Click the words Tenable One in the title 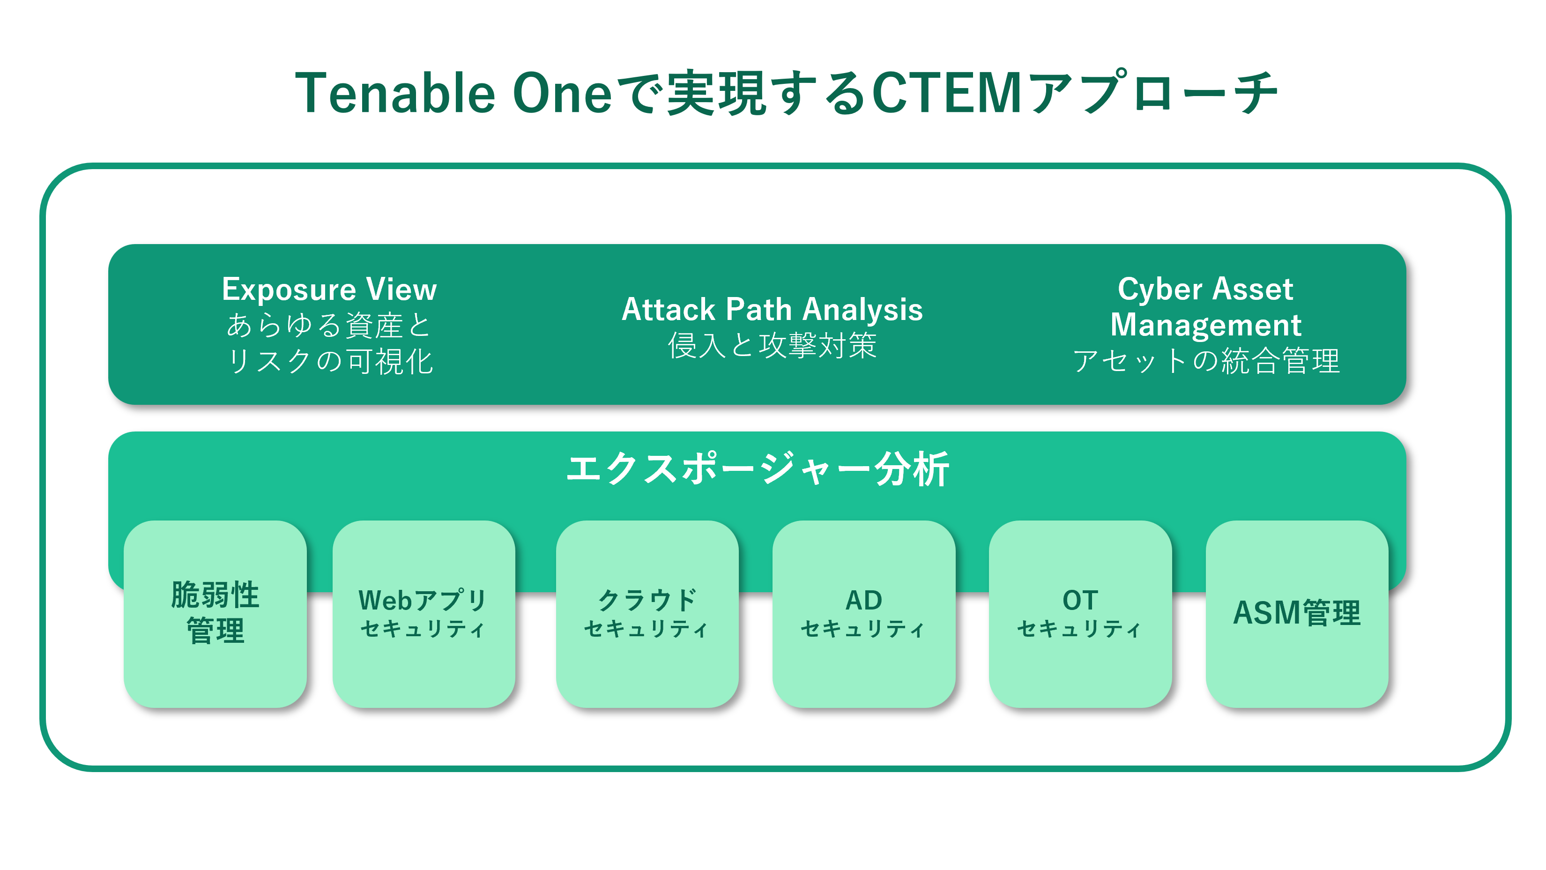click(x=453, y=93)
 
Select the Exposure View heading click(x=329, y=289)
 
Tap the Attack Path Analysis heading click(x=772, y=310)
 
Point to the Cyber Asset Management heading click(x=1205, y=306)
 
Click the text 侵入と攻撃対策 click(x=772, y=346)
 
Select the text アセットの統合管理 click(x=1205, y=361)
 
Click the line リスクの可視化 click(x=329, y=361)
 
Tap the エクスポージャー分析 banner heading click(x=758, y=469)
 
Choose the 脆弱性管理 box click(x=215, y=613)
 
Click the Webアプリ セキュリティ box click(x=424, y=613)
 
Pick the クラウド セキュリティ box click(x=647, y=613)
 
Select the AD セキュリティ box click(x=863, y=613)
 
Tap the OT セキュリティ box click(x=1080, y=613)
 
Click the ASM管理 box click(x=1296, y=613)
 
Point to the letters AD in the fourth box click(x=863, y=600)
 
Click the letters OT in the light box click(x=1080, y=600)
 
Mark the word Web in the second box click(x=385, y=600)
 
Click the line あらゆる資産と click(x=329, y=325)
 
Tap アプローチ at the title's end click(x=1152, y=93)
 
